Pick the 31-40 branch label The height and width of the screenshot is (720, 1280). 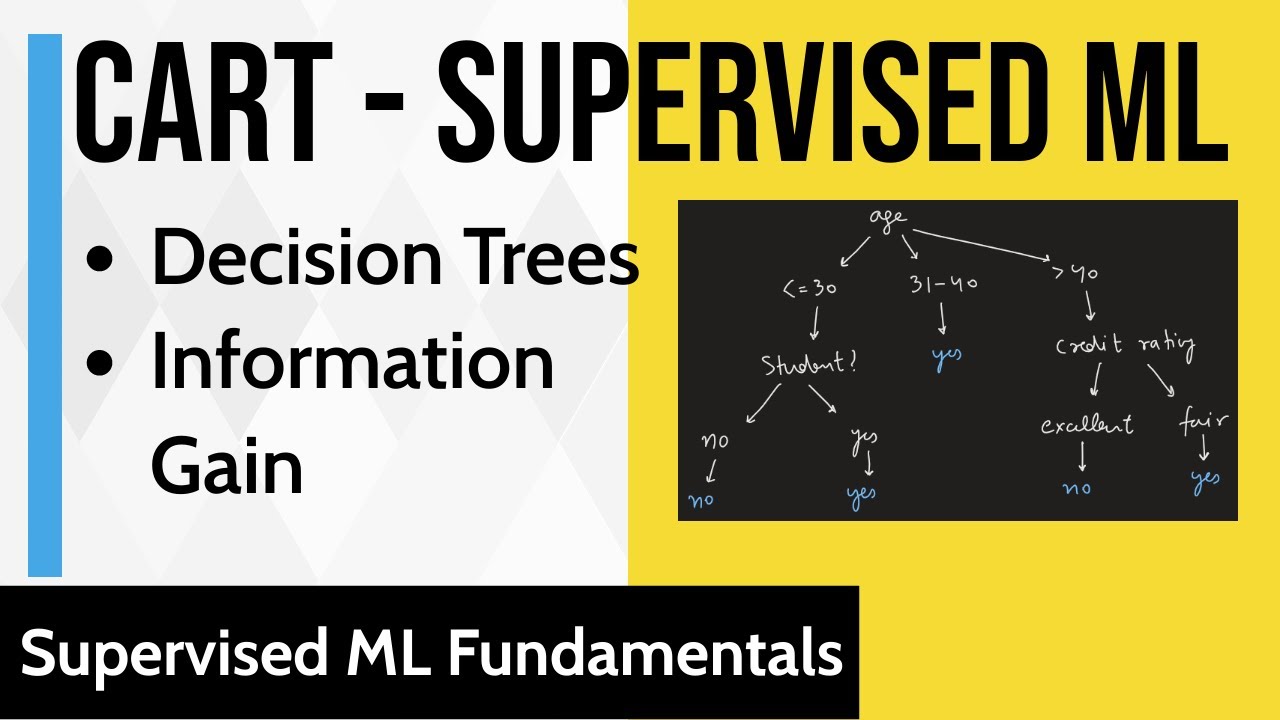point(943,285)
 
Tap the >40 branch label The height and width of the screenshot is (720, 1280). point(1073,273)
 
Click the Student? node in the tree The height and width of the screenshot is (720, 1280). point(809,364)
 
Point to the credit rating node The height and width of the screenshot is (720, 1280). point(1124,346)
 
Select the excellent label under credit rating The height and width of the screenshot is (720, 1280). point(1086,425)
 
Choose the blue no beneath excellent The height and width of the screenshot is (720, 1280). point(1076,488)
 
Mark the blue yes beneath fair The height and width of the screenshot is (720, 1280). point(1205,481)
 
